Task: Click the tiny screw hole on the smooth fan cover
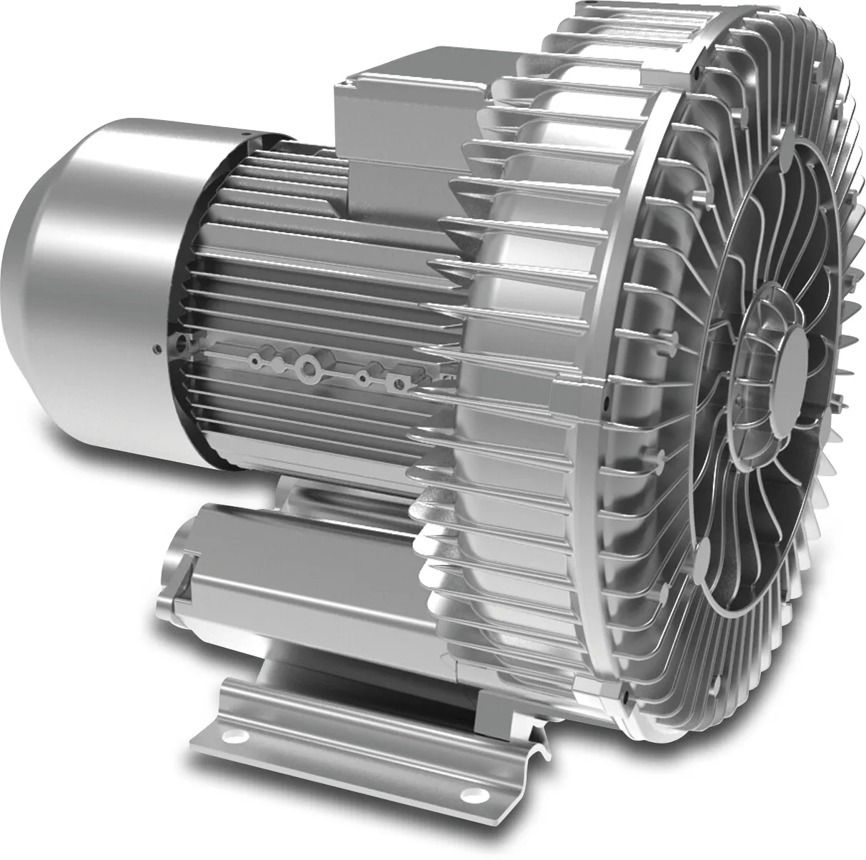(x=155, y=350)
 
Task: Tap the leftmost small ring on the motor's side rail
(x=252, y=362)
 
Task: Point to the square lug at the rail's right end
(x=402, y=385)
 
